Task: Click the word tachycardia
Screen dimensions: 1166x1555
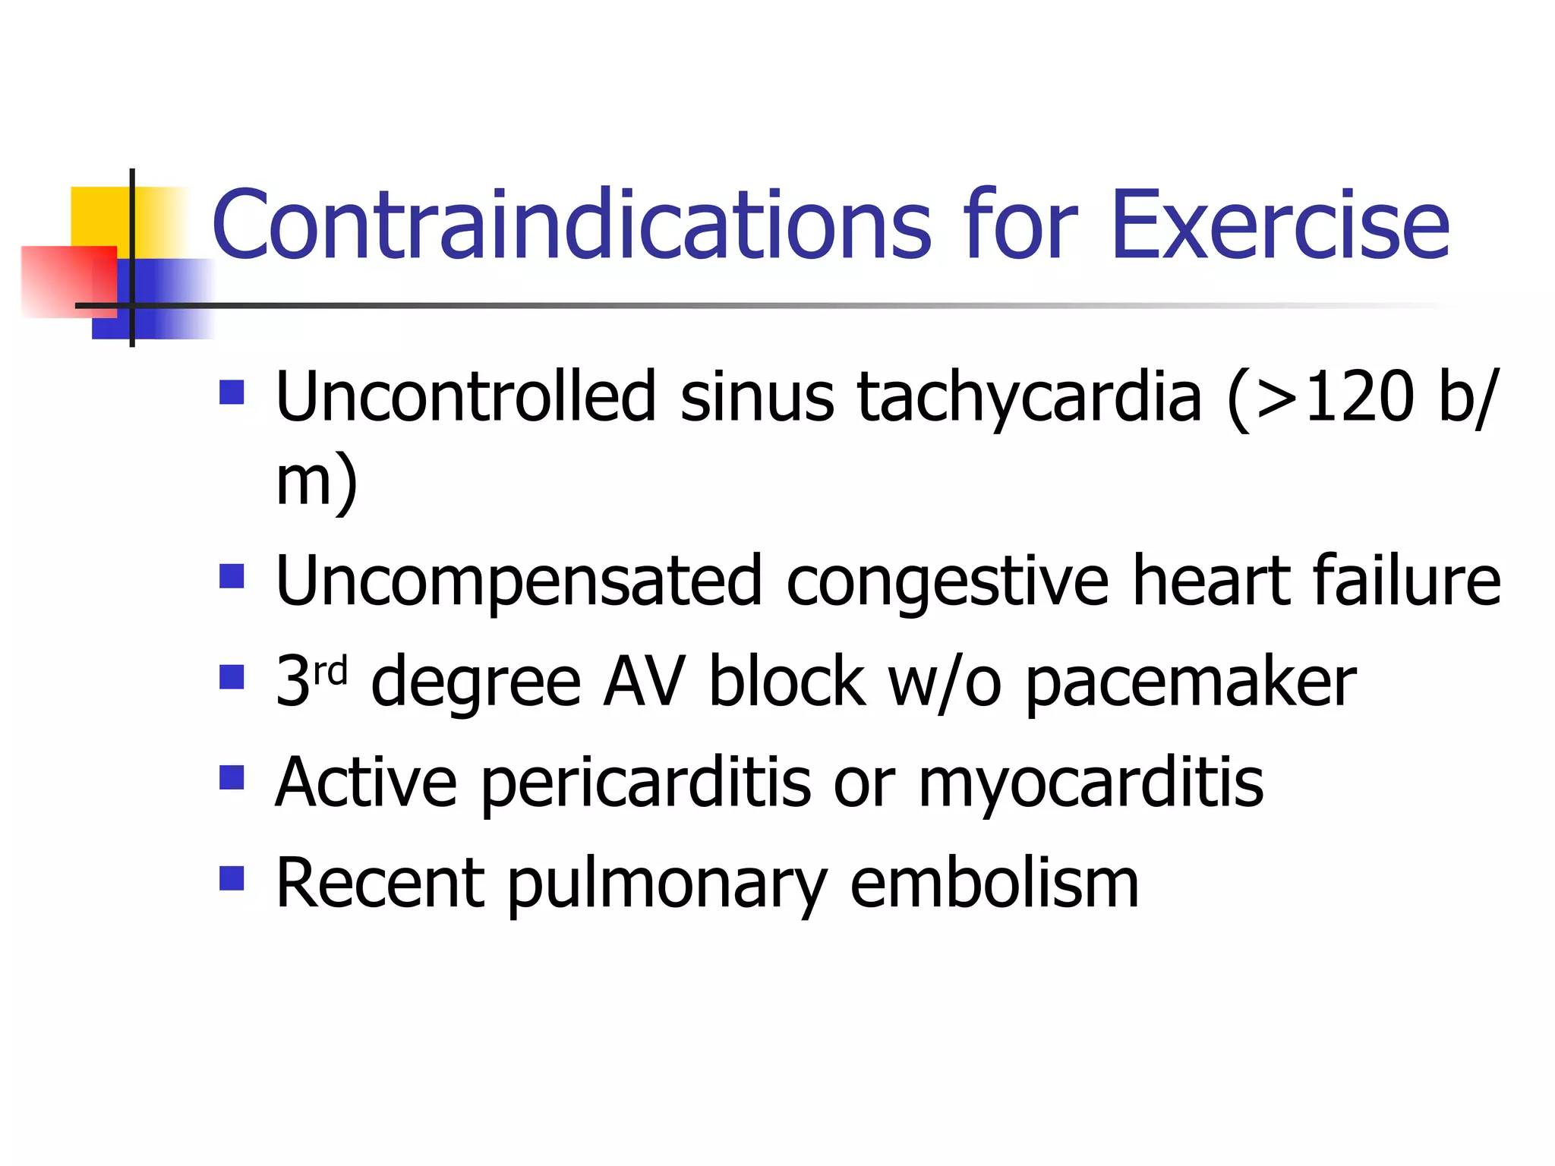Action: [1030, 399]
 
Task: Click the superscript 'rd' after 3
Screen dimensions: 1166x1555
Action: [330, 671]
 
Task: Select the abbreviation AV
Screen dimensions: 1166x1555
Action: [645, 682]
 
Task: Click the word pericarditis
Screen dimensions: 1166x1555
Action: [645, 783]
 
